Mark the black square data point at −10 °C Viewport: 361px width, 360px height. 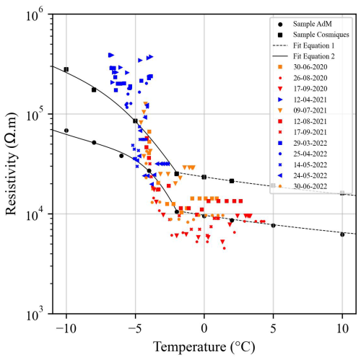pyautogui.click(x=66, y=69)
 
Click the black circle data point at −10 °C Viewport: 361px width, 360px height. pyautogui.click(x=66, y=131)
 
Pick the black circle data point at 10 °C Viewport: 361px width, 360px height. pyautogui.click(x=342, y=234)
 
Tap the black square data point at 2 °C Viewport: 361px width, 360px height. pyautogui.click(x=232, y=181)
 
